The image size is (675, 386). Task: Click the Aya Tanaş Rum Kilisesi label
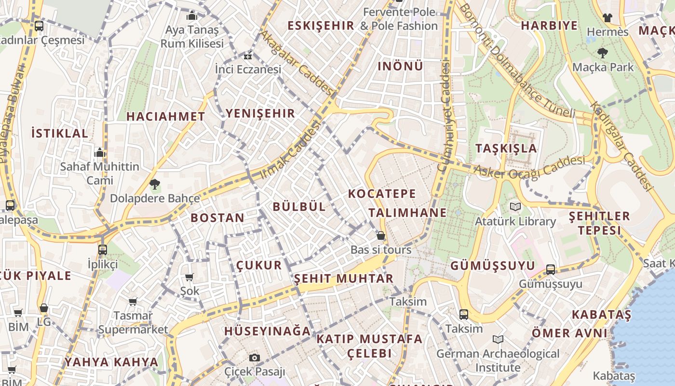click(192, 37)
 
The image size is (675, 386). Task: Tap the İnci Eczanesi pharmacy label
click(248, 69)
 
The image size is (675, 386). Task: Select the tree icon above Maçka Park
click(602, 53)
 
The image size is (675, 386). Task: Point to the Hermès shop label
click(607, 32)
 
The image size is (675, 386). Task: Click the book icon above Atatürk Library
click(515, 207)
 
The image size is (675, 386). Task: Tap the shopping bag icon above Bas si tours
click(381, 235)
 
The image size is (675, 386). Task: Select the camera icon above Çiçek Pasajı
click(255, 358)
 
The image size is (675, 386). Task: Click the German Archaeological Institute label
click(498, 360)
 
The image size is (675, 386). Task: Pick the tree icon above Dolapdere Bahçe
click(155, 184)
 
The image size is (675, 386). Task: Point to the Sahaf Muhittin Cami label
click(99, 173)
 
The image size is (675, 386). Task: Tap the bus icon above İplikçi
click(103, 250)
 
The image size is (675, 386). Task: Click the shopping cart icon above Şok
click(189, 277)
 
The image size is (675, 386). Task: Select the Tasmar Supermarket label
click(133, 323)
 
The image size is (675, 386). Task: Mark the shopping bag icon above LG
click(44, 308)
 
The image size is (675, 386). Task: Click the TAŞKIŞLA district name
click(506, 148)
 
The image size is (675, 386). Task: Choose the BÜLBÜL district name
click(299, 207)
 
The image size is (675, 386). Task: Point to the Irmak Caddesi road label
click(291, 150)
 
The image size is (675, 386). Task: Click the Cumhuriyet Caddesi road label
click(445, 116)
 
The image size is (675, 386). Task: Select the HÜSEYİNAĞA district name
click(268, 331)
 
